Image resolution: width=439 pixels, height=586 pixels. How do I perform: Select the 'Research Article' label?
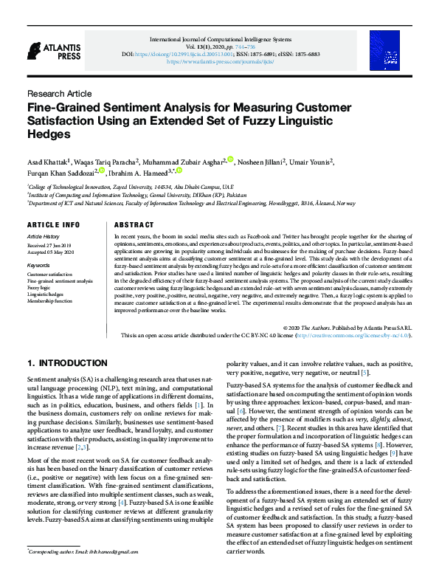click(x=59, y=94)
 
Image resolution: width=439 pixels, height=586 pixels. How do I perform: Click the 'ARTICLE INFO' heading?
click(x=53, y=224)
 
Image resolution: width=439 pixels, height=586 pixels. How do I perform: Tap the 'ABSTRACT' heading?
click(x=134, y=224)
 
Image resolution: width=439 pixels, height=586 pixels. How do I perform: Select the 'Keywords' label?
click(x=38, y=265)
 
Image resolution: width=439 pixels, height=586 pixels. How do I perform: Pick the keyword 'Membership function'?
click(x=50, y=301)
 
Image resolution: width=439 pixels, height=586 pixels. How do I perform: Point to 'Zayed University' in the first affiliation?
click(x=131, y=187)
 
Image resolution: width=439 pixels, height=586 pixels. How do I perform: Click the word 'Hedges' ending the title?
click(x=48, y=134)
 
